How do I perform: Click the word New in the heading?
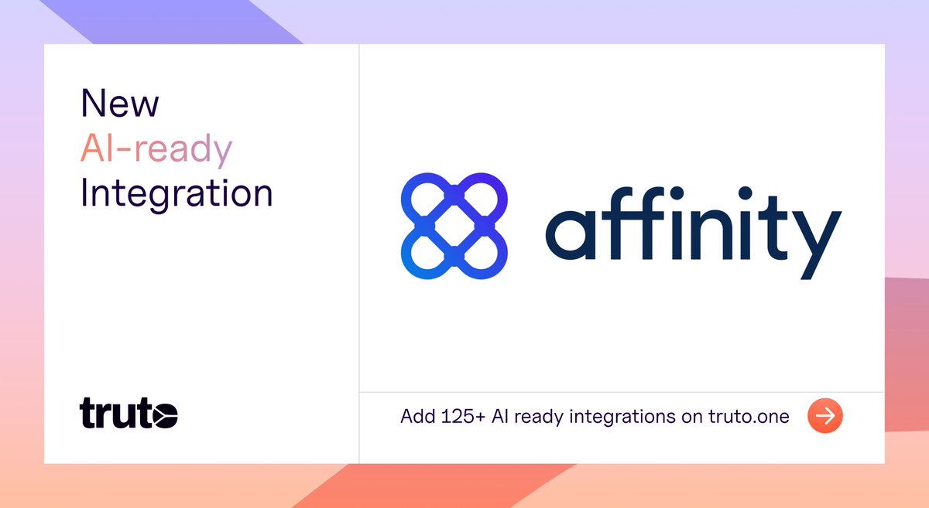[120, 104]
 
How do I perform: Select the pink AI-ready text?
[156, 148]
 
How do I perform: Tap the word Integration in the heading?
[177, 193]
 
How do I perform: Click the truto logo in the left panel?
[129, 414]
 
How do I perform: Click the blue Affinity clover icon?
[454, 227]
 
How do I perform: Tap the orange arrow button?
[824, 417]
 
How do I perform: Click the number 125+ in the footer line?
[461, 417]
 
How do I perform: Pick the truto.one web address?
[749, 417]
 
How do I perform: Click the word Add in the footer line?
[417, 417]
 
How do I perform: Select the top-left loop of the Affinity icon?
[427, 199]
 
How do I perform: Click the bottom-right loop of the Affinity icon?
[481, 254]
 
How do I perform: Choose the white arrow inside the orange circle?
[824, 417]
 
